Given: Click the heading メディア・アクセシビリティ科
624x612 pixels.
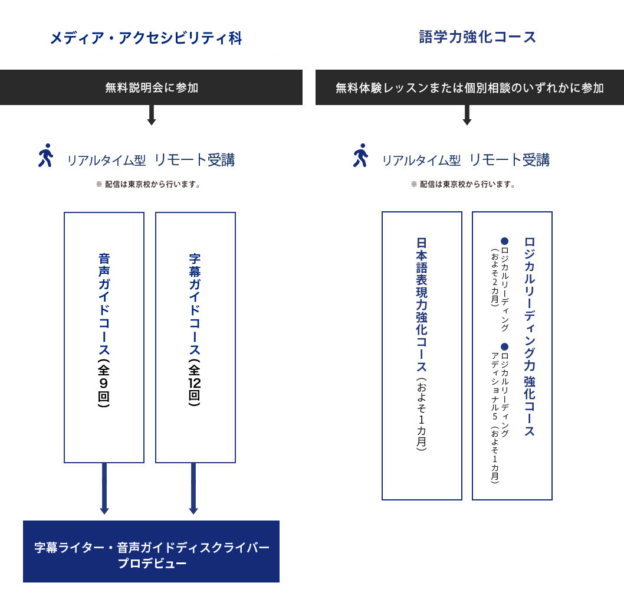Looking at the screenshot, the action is click(146, 38).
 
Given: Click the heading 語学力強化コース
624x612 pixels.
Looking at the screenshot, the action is click(478, 37).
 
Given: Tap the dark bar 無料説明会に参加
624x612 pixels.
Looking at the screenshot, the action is click(151, 87).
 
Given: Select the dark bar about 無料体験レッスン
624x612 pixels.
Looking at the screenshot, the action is click(469, 87).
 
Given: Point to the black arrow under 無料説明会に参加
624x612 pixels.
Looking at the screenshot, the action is click(151, 115).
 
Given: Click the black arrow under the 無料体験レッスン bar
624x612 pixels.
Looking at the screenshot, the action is click(467, 115).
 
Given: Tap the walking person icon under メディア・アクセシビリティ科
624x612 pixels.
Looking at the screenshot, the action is click(46, 155).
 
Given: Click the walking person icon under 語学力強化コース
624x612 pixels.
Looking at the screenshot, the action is click(360, 155).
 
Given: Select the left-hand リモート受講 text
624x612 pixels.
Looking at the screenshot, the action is click(195, 160).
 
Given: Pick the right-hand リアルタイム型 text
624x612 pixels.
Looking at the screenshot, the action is click(422, 161).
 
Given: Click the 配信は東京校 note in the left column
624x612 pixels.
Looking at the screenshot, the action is click(148, 184).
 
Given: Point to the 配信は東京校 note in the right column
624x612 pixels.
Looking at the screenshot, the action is click(463, 184).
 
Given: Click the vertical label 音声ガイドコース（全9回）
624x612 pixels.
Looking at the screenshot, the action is click(104, 330).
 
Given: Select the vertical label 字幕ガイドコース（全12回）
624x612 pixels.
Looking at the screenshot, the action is click(195, 330).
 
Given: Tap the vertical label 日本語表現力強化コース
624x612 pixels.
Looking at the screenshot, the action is click(422, 344).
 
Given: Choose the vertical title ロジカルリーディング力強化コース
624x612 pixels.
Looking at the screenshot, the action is click(530, 336).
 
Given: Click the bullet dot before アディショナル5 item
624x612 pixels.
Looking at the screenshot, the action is click(505, 347).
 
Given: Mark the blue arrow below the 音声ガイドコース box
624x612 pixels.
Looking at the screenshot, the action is click(104, 489).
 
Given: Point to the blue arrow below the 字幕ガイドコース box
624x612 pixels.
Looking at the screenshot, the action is click(193, 489).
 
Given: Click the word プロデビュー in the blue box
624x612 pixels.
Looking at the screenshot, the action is click(152, 564).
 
